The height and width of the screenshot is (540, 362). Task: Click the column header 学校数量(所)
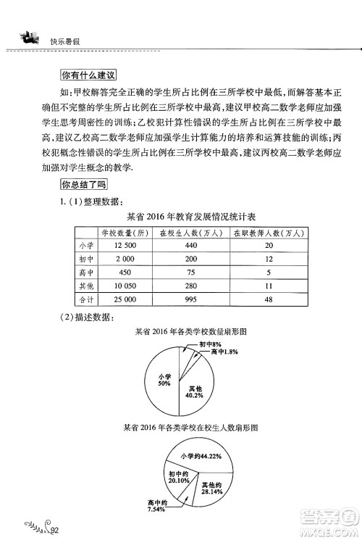click(125, 233)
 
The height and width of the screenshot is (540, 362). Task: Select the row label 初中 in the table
click(85, 259)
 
